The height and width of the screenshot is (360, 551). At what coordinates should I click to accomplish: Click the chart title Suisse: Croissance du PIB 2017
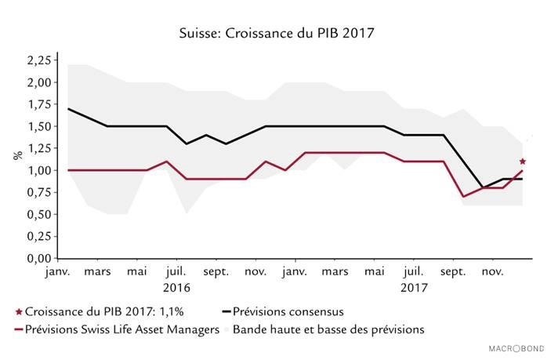(276, 34)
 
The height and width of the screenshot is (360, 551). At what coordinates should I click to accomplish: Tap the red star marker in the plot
(522, 162)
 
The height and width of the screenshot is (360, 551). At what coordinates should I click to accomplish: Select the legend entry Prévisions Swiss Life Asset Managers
(121, 329)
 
